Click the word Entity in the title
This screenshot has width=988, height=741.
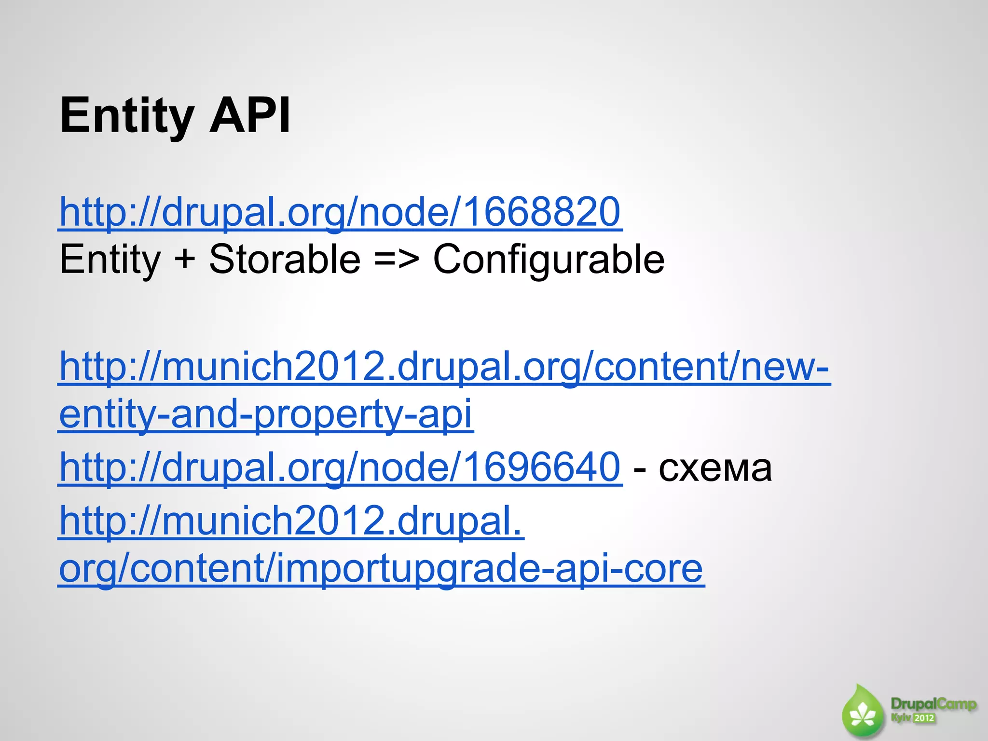click(126, 116)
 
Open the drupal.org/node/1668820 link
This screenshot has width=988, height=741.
click(340, 212)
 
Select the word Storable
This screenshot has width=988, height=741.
click(285, 260)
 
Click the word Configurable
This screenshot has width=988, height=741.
click(549, 260)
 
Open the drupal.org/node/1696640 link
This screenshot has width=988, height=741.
click(340, 467)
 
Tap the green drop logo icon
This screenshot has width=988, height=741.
click(863, 713)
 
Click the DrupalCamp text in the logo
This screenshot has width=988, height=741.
click(933, 704)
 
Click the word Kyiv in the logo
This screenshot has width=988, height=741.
click(900, 718)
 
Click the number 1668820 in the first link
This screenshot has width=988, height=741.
click(542, 212)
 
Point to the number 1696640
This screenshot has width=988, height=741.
click(542, 467)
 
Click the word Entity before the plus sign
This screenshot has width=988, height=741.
click(110, 260)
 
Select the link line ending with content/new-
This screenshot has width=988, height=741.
click(444, 367)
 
